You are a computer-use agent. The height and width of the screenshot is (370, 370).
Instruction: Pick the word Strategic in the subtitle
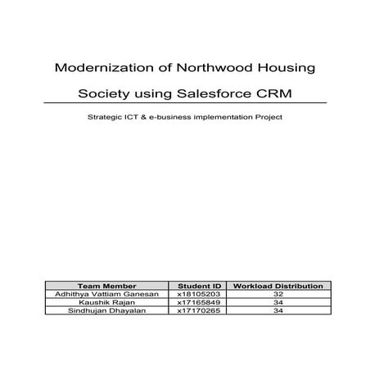[106, 117]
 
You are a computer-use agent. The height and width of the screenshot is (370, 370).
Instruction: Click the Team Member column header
[106, 286]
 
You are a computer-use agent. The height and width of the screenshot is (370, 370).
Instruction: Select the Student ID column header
[200, 286]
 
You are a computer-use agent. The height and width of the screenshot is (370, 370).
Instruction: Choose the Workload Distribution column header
[278, 286]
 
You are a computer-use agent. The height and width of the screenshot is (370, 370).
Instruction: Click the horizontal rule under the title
[185, 102]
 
